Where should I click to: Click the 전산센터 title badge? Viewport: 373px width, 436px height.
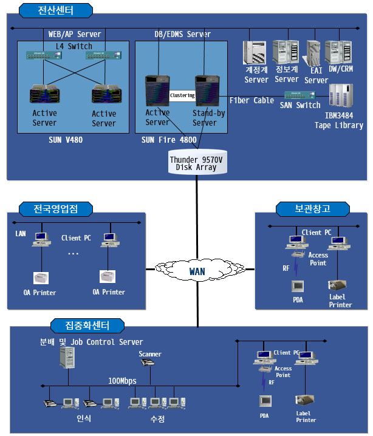pyautogui.click(x=56, y=10)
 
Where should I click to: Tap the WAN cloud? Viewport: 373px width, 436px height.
pyautogui.click(x=197, y=271)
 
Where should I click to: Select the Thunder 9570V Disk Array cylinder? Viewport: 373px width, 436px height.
pyautogui.click(x=196, y=162)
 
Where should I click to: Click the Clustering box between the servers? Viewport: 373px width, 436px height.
pyautogui.click(x=182, y=96)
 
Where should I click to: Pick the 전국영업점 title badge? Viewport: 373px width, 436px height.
pyautogui.click(x=56, y=209)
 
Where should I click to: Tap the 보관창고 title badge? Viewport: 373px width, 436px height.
pyautogui.click(x=312, y=209)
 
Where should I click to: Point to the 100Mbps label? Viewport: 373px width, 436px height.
pyautogui.click(x=122, y=381)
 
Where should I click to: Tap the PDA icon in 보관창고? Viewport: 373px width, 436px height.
pyautogui.click(x=298, y=286)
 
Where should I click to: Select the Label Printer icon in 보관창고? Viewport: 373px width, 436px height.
pyautogui.click(x=337, y=285)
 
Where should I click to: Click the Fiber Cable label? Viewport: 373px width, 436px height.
pyautogui.click(x=252, y=100)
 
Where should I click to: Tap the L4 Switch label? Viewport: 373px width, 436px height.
pyautogui.click(x=74, y=46)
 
